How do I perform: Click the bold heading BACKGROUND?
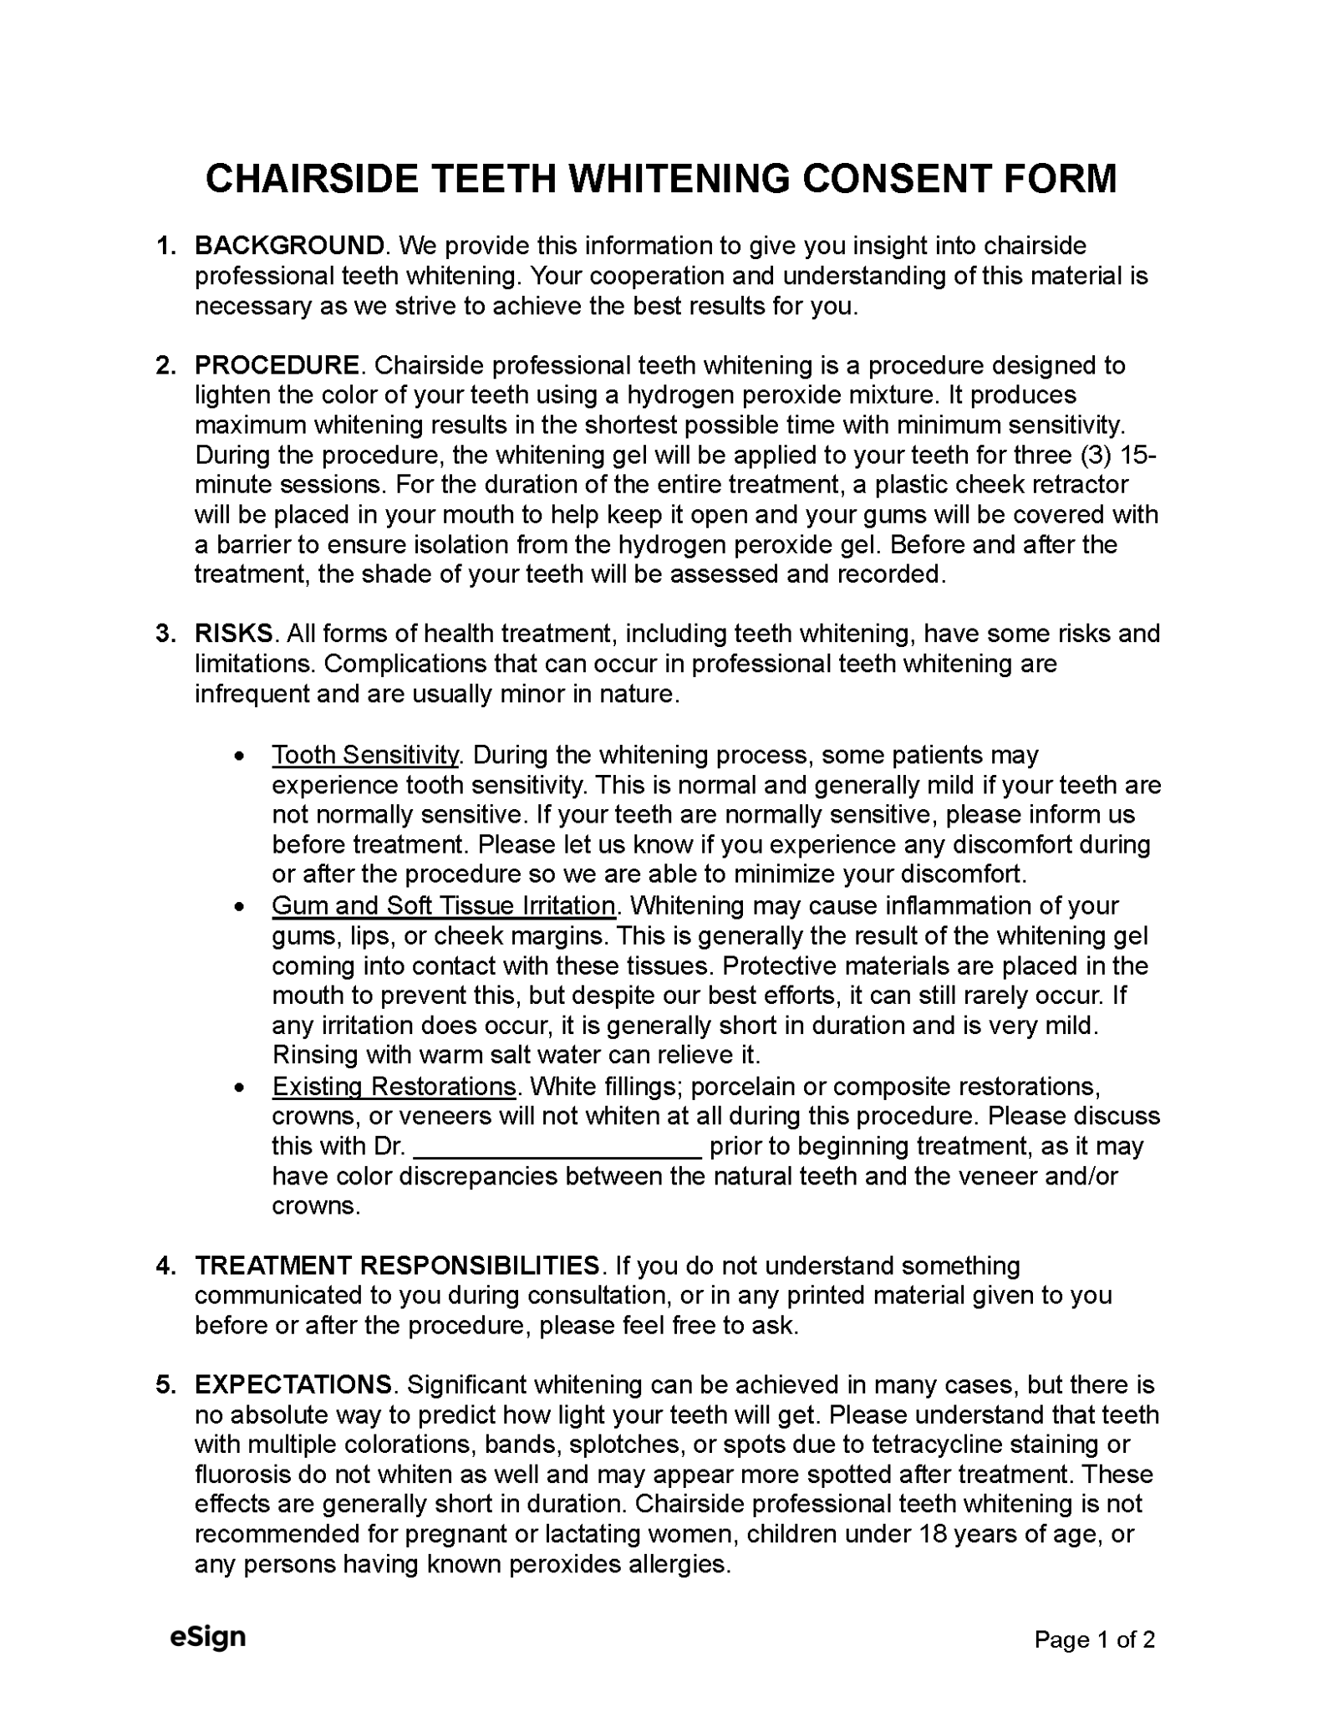tap(289, 246)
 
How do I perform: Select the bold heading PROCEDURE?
tap(277, 365)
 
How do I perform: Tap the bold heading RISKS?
tap(233, 634)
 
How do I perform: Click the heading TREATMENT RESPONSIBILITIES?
tap(396, 1266)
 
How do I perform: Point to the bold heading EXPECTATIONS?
tap(293, 1385)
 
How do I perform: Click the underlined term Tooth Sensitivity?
tap(365, 755)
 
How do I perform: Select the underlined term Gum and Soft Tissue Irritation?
tap(443, 906)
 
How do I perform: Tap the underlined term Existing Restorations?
tap(394, 1087)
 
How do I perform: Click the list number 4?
tap(165, 1266)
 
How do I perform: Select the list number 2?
tap(165, 365)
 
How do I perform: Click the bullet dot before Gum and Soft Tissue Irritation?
tap(241, 907)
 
